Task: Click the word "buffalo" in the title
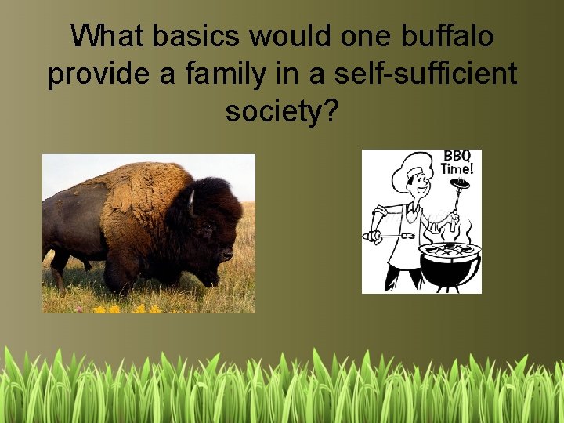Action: click(x=449, y=35)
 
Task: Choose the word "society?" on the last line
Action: click(x=282, y=112)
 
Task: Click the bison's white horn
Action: click(x=191, y=202)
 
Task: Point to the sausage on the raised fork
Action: click(x=460, y=185)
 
